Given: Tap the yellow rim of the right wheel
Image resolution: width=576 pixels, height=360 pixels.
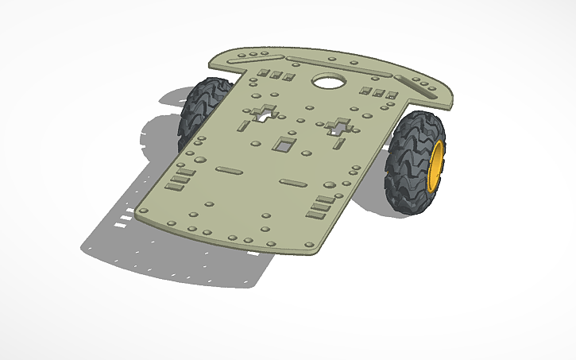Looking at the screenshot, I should click(435, 167).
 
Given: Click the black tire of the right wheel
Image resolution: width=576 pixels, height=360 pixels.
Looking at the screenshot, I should click(409, 163).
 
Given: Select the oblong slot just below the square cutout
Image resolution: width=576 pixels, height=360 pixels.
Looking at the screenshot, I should click(294, 182).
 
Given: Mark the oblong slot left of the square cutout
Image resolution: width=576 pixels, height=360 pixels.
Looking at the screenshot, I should click(230, 170).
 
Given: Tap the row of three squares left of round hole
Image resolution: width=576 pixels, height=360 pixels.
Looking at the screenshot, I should click(276, 75).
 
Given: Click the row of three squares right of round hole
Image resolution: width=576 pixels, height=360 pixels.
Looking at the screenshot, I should click(379, 94).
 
